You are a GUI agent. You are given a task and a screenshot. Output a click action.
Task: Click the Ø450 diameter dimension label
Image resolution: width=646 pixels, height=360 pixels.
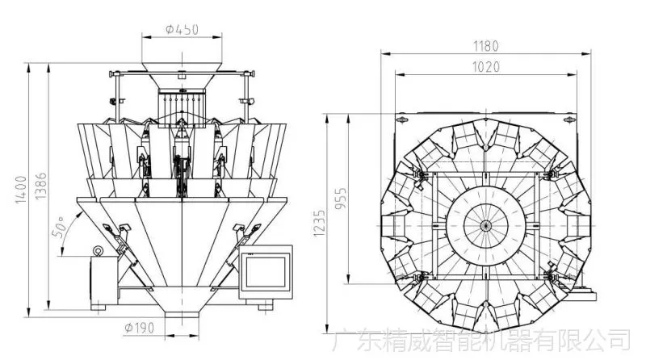(x=182, y=29)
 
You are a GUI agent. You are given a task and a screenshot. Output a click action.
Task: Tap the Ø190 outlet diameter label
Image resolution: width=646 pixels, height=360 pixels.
(x=139, y=328)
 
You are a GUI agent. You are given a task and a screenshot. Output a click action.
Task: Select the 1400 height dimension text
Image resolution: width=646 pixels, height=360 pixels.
(x=21, y=190)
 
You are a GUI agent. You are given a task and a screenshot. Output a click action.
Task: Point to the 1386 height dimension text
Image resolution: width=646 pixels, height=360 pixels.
(x=40, y=186)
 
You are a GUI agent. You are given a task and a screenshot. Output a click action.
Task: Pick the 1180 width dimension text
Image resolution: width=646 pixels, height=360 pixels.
(x=485, y=46)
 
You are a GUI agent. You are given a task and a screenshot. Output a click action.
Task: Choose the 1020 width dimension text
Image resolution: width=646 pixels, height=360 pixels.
(x=485, y=67)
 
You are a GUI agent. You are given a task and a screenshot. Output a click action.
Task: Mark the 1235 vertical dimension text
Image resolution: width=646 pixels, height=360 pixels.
(x=319, y=224)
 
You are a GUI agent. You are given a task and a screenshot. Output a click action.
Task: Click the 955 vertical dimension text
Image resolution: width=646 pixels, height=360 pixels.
(x=340, y=199)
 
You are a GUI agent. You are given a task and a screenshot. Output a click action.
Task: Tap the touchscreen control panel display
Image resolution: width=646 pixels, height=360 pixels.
(x=266, y=272)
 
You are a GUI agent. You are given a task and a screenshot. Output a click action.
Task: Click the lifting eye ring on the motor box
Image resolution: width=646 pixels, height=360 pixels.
(x=98, y=250)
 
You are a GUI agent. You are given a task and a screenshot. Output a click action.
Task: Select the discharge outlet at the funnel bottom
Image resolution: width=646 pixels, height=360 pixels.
(x=182, y=314)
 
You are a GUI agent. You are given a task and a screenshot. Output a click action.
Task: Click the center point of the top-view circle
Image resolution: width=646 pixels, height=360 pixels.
(x=486, y=226)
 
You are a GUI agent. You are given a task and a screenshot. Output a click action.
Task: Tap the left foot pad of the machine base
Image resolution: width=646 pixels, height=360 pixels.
(x=98, y=308)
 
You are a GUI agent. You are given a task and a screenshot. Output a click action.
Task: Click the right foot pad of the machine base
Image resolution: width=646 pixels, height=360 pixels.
(x=266, y=308)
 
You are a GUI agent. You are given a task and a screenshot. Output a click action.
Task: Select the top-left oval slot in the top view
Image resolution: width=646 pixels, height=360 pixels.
(x=402, y=119)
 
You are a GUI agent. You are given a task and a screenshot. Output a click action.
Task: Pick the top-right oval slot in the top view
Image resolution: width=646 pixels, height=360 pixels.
(x=569, y=119)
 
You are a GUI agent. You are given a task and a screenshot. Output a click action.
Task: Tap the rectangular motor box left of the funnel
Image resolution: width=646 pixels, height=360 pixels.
(x=104, y=281)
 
